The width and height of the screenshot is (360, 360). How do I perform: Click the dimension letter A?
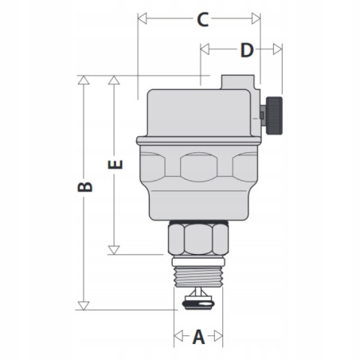[198, 337]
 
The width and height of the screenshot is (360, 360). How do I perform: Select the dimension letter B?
[86, 188]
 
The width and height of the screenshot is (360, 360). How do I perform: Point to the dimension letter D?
[246, 50]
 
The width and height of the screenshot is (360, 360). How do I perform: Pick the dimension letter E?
[115, 165]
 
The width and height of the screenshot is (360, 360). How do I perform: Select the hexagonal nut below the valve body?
[198, 239]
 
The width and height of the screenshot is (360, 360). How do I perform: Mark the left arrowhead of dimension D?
[205, 49]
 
